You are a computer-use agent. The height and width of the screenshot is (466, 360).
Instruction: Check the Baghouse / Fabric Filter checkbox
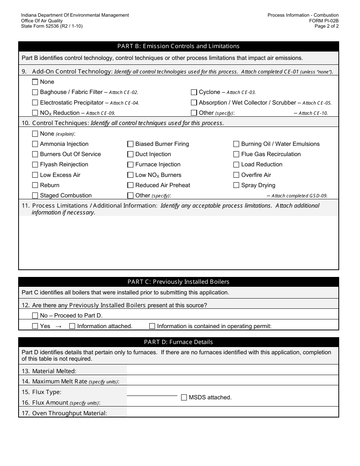coord(35,92)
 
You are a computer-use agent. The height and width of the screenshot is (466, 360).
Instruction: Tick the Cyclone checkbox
coord(194,92)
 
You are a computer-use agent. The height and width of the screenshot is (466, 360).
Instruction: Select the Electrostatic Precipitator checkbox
coord(35,103)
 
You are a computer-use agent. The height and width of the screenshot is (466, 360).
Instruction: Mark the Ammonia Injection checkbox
coord(35,144)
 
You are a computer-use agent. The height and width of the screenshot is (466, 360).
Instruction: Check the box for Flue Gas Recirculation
coord(236,154)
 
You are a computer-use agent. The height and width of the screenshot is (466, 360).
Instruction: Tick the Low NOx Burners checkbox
coord(130,175)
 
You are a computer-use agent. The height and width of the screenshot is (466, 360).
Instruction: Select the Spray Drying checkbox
coord(236,185)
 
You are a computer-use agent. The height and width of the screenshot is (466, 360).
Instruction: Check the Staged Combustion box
coord(35,195)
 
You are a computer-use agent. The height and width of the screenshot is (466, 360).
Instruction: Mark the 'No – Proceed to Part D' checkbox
coord(35,316)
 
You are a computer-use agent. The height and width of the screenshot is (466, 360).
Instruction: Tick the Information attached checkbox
coord(72,326)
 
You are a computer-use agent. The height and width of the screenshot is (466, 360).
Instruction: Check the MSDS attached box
coord(184,397)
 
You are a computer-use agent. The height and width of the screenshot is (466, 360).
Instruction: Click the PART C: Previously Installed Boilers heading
coord(178,282)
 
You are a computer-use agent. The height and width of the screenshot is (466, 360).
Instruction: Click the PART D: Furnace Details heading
coord(178,342)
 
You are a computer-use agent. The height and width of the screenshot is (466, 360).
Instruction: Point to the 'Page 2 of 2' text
coord(327,26)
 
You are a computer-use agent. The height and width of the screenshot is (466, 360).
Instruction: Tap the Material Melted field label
coord(54,371)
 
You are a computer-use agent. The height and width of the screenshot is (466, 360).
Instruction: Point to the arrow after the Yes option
coord(58,326)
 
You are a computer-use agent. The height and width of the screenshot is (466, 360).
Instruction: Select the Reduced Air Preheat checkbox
coord(130,185)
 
